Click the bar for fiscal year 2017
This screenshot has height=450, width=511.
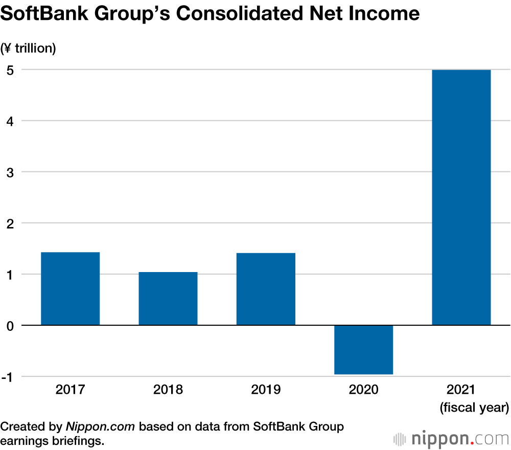(70, 288)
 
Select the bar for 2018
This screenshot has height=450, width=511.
(168, 299)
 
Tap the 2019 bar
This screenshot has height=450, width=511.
(266, 289)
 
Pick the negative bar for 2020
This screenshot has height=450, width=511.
(363, 350)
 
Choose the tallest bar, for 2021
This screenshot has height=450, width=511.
(461, 197)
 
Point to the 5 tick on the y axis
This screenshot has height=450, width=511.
(10, 70)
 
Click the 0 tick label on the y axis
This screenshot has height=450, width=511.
(10, 326)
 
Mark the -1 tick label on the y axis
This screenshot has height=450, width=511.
(8, 377)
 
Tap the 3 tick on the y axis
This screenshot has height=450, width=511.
(10, 172)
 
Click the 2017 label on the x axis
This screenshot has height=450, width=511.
(70, 390)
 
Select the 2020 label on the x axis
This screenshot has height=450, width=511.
(363, 390)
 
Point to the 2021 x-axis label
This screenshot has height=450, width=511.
(461, 390)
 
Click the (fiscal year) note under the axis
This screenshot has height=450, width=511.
(474, 408)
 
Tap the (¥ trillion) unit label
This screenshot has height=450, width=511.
(29, 49)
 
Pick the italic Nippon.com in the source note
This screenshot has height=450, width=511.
(100, 426)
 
